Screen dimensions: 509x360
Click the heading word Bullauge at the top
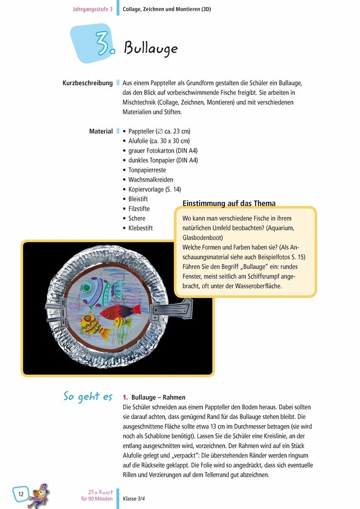pyautogui.click(x=150, y=48)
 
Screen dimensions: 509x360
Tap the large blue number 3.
pyautogui.click(x=103, y=45)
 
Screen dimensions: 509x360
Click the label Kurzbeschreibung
pyautogui.click(x=87, y=82)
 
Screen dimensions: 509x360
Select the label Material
pyautogui.click(x=101, y=131)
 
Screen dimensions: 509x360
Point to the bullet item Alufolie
pyautogui.click(x=156, y=141)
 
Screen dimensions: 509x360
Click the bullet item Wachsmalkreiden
pyautogui.click(x=151, y=180)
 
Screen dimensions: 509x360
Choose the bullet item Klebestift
pyautogui.click(x=141, y=228)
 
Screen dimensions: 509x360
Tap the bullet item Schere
pyautogui.click(x=137, y=218)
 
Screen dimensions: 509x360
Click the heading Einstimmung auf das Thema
pyautogui.click(x=229, y=203)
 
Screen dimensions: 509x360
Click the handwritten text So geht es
pyautogui.click(x=88, y=397)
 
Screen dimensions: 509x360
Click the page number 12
pyautogui.click(x=21, y=494)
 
